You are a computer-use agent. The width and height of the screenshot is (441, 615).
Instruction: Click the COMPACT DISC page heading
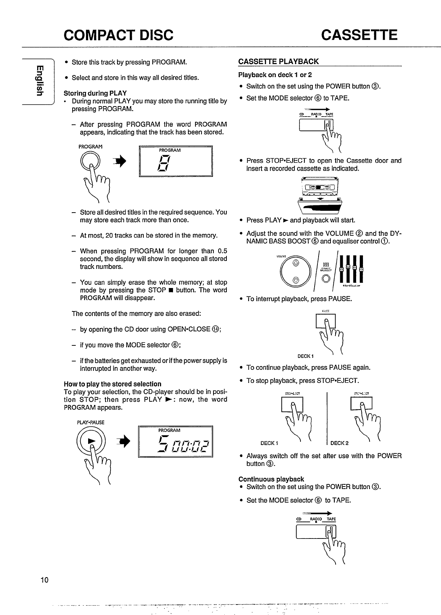click(118, 35)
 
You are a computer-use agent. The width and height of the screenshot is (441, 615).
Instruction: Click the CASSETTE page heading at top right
click(359, 35)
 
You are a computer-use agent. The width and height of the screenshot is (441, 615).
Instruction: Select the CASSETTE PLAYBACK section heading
click(278, 61)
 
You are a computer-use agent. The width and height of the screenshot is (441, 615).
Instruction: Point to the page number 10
click(44, 580)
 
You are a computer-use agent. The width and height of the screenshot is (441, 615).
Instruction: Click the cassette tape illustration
click(320, 187)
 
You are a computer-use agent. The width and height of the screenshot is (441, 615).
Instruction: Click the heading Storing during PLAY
click(95, 93)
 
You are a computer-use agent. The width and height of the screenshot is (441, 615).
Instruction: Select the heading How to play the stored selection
click(112, 384)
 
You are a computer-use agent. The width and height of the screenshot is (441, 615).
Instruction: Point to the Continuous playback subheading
click(271, 479)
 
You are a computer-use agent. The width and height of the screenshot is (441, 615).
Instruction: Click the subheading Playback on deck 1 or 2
click(275, 75)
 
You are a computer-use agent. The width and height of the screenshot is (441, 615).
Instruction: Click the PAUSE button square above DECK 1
click(325, 321)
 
